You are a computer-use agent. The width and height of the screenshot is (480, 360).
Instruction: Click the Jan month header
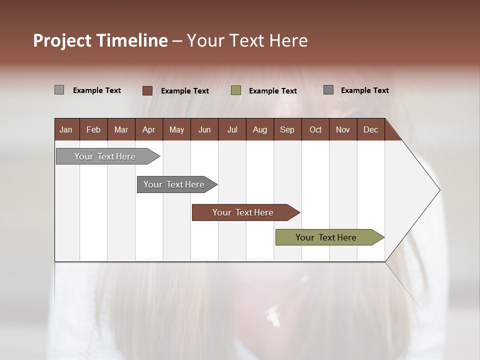coord(66,129)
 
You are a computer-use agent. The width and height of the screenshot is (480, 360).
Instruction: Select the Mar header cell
coord(121,129)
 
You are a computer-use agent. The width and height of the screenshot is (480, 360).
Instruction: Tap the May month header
coord(176,129)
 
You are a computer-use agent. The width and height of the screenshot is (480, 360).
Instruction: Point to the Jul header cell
coord(232,129)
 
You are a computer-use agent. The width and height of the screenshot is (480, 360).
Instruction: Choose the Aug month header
coord(259,129)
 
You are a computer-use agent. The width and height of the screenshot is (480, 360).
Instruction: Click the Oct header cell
coord(315,129)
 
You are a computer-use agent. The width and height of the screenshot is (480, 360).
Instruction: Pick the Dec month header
coord(370,129)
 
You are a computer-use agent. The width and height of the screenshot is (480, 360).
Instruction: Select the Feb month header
coord(93,129)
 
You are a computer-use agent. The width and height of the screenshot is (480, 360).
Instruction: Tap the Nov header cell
coord(342,129)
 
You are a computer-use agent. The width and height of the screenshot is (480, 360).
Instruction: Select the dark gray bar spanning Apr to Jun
coord(174,184)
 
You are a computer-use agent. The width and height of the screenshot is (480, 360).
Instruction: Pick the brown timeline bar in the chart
coord(243,212)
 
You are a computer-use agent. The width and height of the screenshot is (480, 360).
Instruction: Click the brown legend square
coord(147,90)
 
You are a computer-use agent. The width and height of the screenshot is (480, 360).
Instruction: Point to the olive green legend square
coord(236,90)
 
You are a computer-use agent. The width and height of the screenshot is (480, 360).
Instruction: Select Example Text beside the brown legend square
coord(185,91)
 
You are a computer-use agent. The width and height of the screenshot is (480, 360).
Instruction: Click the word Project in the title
coord(62,40)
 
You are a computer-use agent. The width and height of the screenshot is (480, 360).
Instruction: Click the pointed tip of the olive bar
coord(382,237)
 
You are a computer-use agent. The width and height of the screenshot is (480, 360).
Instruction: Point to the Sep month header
coord(287,129)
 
